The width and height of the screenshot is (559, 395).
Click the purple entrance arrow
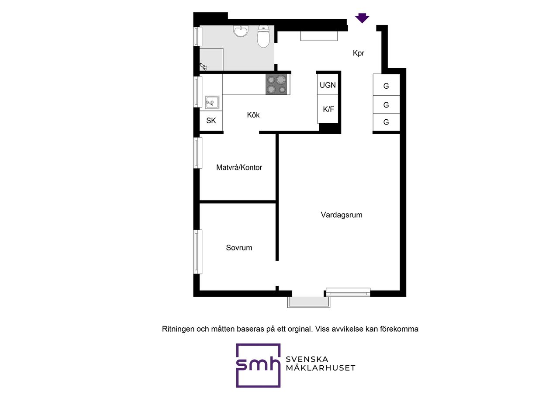click(x=362, y=18)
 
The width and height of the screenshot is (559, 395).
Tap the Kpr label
click(x=359, y=53)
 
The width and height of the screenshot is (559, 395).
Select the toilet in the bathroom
click(x=263, y=36)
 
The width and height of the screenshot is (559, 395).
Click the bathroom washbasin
click(x=241, y=31)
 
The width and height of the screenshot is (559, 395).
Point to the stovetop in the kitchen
click(x=276, y=84)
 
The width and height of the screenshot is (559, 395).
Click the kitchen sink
click(x=212, y=102)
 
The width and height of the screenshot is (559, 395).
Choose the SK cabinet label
click(x=211, y=121)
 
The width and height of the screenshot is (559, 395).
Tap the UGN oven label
click(x=328, y=85)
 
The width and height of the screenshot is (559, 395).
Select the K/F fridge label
click(x=328, y=109)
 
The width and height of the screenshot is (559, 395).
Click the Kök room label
click(x=253, y=115)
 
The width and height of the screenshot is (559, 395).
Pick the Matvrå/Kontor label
click(x=239, y=167)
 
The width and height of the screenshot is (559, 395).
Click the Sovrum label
click(x=239, y=248)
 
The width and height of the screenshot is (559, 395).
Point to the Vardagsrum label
click(x=342, y=215)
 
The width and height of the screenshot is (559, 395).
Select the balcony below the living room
click(x=309, y=302)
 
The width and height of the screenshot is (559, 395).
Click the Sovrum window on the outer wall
click(x=198, y=252)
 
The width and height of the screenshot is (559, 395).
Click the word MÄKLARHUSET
click(x=321, y=368)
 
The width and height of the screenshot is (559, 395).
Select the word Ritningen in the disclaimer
click(x=178, y=329)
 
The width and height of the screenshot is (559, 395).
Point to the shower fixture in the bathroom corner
click(x=203, y=66)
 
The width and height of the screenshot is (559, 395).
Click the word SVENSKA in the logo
click(x=307, y=359)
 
